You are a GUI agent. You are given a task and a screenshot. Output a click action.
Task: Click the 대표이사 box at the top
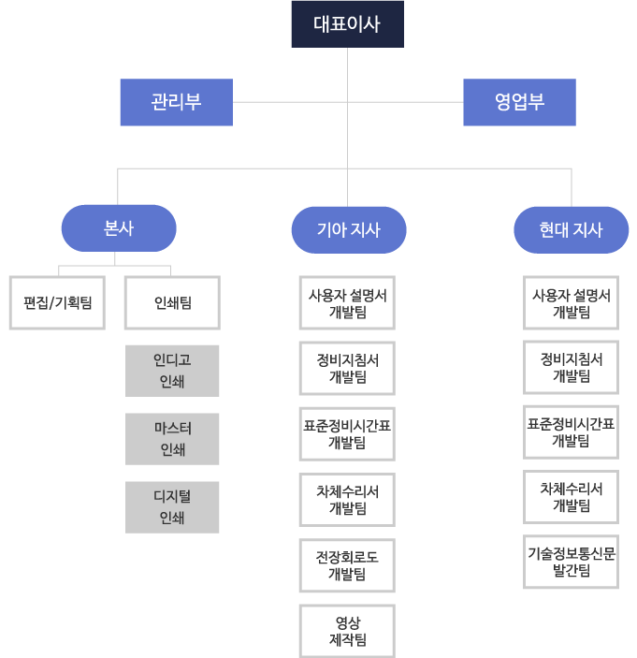tap(346, 23)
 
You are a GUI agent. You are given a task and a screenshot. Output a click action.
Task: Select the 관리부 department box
tap(176, 102)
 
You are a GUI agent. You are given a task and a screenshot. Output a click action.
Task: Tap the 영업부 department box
tap(519, 102)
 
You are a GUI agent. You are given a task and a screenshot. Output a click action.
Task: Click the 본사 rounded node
tap(119, 228)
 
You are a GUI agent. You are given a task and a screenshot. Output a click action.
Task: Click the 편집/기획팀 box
tap(57, 302)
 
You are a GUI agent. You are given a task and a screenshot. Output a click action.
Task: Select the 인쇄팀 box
tap(172, 302)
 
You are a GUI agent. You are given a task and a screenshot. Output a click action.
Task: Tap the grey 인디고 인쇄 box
tap(172, 371)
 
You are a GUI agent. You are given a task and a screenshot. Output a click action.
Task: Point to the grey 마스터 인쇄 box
tap(172, 439)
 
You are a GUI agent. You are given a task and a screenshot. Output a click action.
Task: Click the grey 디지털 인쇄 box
tap(172, 507)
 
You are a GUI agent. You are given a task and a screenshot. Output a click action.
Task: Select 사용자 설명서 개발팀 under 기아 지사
tap(347, 303)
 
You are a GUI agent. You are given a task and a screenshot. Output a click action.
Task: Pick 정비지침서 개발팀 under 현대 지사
tap(571, 367)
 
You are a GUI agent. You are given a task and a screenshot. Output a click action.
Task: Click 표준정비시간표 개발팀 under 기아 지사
tap(347, 434)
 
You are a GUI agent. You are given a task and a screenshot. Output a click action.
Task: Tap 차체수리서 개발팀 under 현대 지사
tap(571, 497)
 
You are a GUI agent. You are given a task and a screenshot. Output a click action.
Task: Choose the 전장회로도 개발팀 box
tap(347, 565)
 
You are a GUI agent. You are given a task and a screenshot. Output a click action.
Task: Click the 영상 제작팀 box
tap(347, 631)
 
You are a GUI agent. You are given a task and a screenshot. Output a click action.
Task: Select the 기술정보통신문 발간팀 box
tap(571, 562)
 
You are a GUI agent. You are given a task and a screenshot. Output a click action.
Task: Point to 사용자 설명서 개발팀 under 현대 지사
tap(571, 302)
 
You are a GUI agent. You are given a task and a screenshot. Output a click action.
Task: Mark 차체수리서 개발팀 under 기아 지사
tap(347, 500)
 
